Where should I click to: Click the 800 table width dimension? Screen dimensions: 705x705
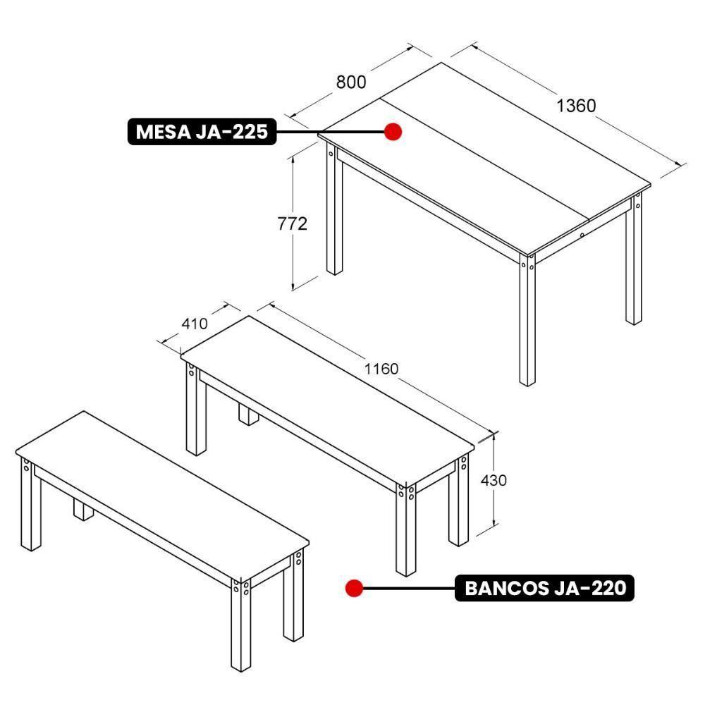pyautogui.click(x=351, y=82)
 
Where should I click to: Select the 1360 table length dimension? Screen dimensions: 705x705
pyautogui.click(x=576, y=106)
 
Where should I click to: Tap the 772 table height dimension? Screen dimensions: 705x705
pyautogui.click(x=291, y=223)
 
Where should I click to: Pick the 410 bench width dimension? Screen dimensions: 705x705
pyautogui.click(x=195, y=324)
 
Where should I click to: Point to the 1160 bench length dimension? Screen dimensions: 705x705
pyautogui.click(x=381, y=368)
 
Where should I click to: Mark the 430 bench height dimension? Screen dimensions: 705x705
pyautogui.click(x=493, y=480)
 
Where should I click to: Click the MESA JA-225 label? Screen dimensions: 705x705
pyautogui.click(x=202, y=132)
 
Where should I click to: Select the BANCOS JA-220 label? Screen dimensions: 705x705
pyautogui.click(x=545, y=587)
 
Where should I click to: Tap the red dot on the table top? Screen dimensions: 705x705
pyautogui.click(x=393, y=131)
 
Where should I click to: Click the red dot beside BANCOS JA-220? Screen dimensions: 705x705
pyautogui.click(x=354, y=587)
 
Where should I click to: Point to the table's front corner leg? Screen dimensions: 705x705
pyautogui.click(x=527, y=324)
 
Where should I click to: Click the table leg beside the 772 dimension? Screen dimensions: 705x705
pyautogui.click(x=334, y=211)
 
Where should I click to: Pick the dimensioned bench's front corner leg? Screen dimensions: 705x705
pyautogui.click(x=405, y=529)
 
